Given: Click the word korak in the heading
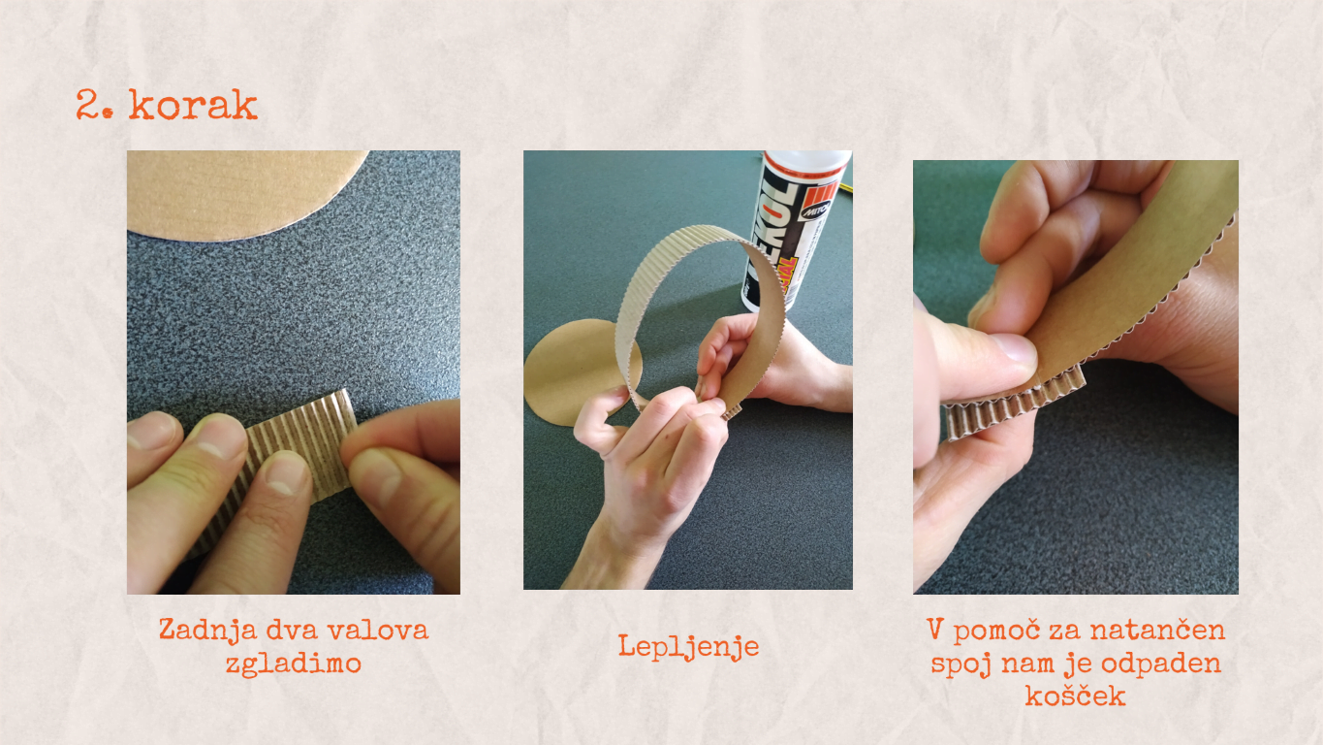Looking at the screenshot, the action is (193, 105).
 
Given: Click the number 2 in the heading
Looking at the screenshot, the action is (87, 105).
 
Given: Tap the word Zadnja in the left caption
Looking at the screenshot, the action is (207, 631).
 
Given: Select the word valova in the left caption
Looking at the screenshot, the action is (378, 631).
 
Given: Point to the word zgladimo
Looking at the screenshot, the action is (294, 664).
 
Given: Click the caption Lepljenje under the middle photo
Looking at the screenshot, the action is (688, 646).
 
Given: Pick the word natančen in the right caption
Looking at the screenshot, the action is (1157, 631).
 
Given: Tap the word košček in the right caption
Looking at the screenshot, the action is (1075, 696).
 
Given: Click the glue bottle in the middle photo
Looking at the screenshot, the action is (795, 231).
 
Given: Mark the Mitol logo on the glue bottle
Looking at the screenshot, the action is (817, 209).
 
